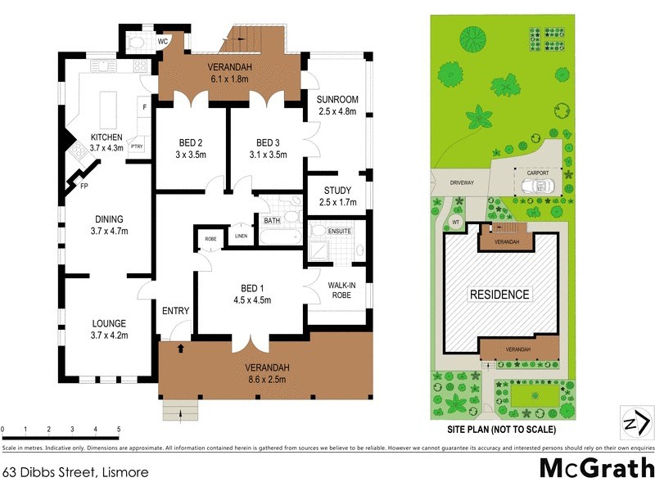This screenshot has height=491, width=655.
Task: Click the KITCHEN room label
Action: coord(106,137)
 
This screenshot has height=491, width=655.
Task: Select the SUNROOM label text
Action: coord(337,100)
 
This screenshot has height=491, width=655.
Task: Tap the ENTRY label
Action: coord(175,311)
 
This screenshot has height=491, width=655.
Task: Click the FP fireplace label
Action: coord(84,187)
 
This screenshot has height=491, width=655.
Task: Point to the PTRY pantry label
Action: coord(137,147)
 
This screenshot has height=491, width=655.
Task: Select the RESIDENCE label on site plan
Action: coord(499,294)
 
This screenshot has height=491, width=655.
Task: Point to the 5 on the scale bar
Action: coord(119,429)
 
